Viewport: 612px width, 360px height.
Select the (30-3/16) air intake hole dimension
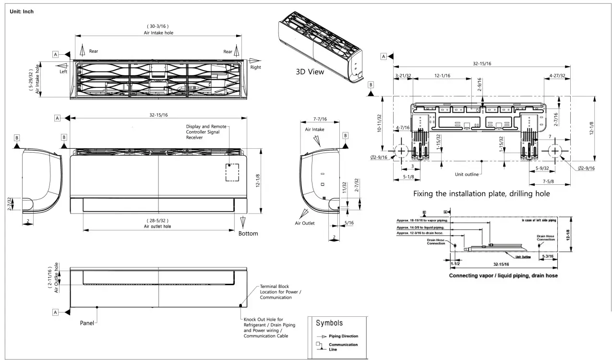pyautogui.click(x=158, y=26)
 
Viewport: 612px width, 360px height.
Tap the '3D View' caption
pyautogui.click(x=310, y=72)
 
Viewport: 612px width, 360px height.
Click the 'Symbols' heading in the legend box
pyautogui.click(x=329, y=323)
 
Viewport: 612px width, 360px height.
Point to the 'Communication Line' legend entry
pyautogui.click(x=343, y=347)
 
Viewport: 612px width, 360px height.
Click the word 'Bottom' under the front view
pyautogui.click(x=248, y=234)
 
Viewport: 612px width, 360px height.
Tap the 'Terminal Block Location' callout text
pyautogui.click(x=280, y=292)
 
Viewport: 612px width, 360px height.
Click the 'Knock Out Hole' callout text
pyautogui.click(x=269, y=327)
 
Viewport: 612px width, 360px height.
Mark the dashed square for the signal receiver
pyautogui.click(x=233, y=172)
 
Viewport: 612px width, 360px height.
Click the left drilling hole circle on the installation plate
pyautogui.click(x=401, y=151)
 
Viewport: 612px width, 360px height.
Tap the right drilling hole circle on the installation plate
pyautogui.click(x=555, y=151)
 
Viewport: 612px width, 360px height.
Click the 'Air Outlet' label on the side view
pyautogui.click(x=305, y=223)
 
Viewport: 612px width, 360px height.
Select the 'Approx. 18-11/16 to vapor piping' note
pyautogui.click(x=422, y=220)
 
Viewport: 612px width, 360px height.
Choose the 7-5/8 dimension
pyautogui.click(x=549, y=181)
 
